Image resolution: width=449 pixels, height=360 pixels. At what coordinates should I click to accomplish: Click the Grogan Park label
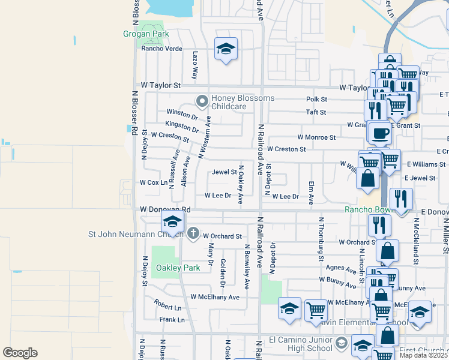145,34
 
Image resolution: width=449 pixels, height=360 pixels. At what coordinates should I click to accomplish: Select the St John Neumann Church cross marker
193,233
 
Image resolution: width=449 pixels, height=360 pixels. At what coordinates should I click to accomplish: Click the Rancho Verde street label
161,49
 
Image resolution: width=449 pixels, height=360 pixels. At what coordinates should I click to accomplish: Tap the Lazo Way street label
195,65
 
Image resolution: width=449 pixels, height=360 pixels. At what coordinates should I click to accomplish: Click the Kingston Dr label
181,127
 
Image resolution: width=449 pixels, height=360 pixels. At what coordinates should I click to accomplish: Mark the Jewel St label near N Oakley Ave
224,172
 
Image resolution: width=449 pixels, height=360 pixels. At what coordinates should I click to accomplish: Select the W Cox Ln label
153,182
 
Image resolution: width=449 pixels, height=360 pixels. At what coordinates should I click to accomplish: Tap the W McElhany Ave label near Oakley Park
215,297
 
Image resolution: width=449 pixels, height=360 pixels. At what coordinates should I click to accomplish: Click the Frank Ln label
172,320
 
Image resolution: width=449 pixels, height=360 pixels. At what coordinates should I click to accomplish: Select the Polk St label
316,99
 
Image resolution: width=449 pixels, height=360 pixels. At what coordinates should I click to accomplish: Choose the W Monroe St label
316,137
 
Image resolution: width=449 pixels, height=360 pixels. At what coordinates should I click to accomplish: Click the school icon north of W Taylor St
226,50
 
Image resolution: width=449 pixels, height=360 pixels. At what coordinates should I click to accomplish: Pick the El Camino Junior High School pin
342,343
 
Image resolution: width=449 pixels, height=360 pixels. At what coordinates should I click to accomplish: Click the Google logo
20,353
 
